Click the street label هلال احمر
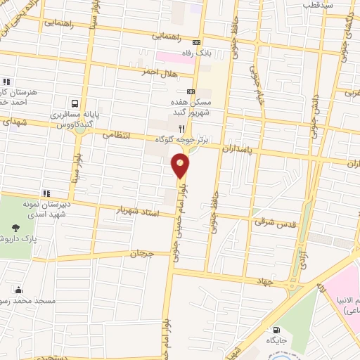159,73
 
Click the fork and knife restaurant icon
181,129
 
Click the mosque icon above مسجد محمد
18,290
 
